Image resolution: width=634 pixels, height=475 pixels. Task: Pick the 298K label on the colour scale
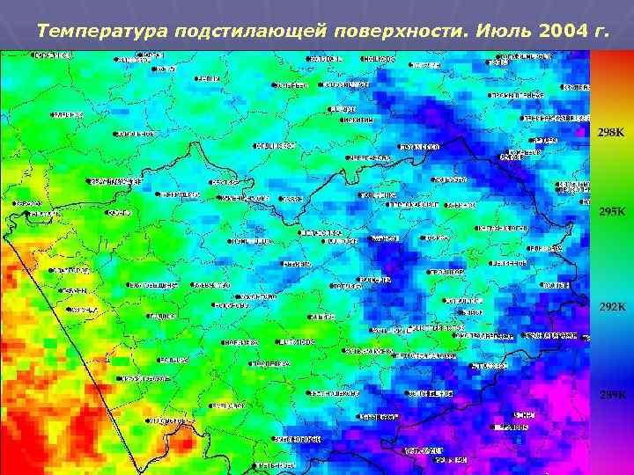pos(611,132)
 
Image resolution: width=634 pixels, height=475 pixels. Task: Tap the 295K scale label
pos(611,212)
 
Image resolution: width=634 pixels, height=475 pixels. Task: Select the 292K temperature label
pos(611,307)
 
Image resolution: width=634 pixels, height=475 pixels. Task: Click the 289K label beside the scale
pos(611,395)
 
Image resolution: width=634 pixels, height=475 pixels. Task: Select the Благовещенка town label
pos(154,286)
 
